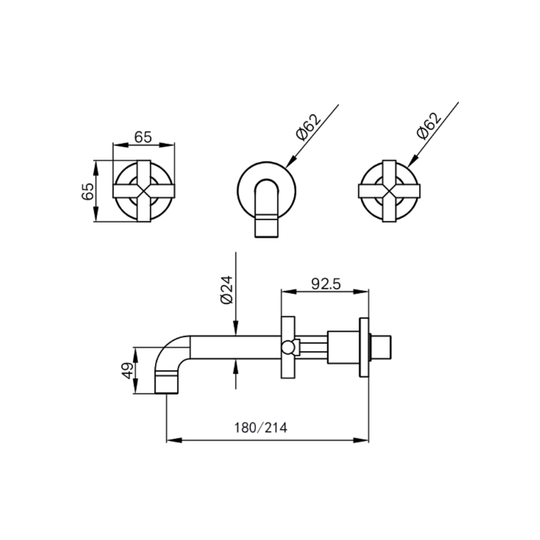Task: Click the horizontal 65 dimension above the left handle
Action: coord(143,137)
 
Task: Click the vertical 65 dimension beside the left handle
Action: coord(88,191)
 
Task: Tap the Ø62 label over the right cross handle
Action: coord(429,127)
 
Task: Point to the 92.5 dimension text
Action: coord(326,284)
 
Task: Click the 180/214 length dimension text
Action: coord(261,428)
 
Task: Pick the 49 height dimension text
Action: coord(128,370)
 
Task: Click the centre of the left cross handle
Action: coord(144,191)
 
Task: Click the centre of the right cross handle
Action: coord(389,191)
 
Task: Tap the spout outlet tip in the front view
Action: coord(266,226)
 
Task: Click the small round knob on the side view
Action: coord(288,347)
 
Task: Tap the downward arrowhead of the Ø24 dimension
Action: coord(235,330)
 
